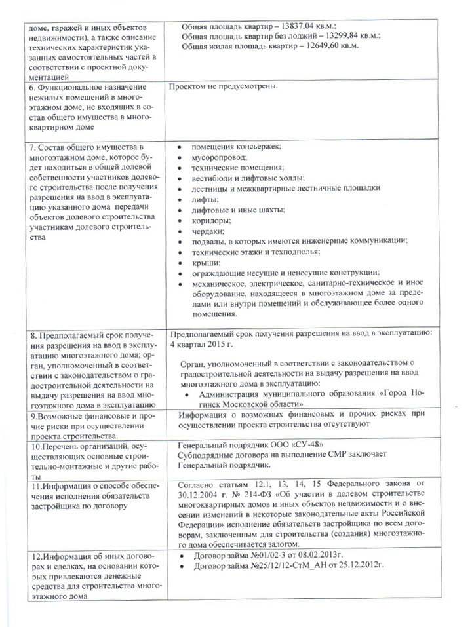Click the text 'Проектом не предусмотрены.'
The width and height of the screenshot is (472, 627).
pyautogui.click(x=224, y=86)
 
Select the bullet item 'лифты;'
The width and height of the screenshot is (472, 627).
pyautogui.click(x=205, y=199)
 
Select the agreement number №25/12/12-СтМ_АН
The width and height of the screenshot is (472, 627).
pyautogui.click(x=292, y=566)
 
